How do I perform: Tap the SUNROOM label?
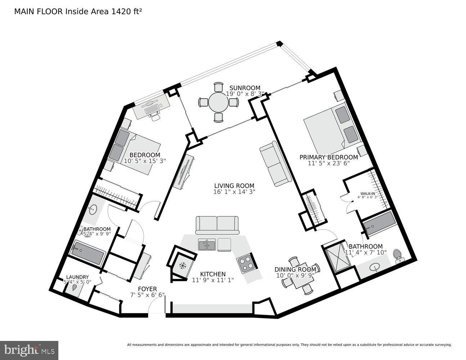[x=245, y=88]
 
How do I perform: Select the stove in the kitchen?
[x=246, y=262]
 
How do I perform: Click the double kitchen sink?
[x=207, y=245]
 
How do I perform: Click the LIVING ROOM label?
[x=234, y=186]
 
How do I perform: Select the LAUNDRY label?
[x=77, y=277]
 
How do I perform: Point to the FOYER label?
[x=147, y=289]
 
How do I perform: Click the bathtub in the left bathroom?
[x=88, y=253]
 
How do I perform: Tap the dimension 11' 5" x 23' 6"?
[x=329, y=163]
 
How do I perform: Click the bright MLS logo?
[x=29, y=350]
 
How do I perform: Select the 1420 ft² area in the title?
[x=127, y=11]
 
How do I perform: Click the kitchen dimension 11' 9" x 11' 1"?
[x=213, y=280]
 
